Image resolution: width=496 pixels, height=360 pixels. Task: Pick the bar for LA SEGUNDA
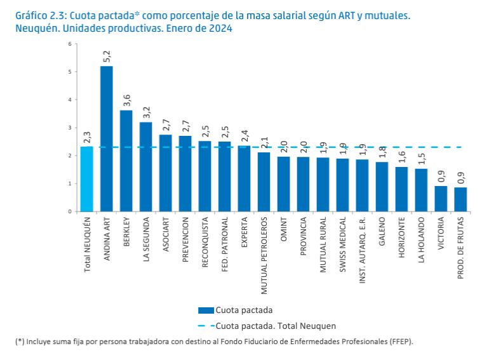pyautogui.click(x=146, y=166)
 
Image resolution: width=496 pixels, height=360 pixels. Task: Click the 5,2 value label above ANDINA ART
pyautogui.click(x=107, y=57)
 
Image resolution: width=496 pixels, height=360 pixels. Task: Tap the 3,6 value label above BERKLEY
pyautogui.click(x=126, y=101)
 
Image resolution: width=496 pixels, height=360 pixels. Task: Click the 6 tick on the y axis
pyautogui.click(x=70, y=44)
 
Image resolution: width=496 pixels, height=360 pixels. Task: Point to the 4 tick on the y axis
pyautogui.click(x=70, y=100)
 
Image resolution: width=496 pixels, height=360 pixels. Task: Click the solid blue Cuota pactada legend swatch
pyautogui.click(x=206, y=310)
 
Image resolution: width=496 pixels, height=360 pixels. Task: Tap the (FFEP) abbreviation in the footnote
pyautogui.click(x=399, y=342)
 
